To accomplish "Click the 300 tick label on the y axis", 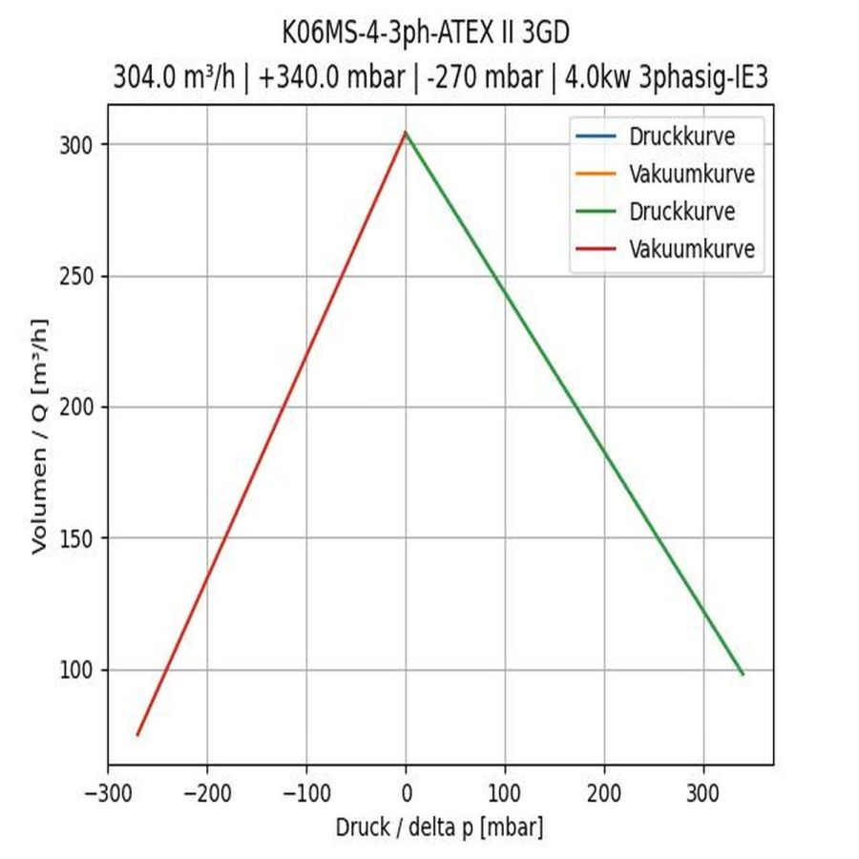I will tap(80, 145).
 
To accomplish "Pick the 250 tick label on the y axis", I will tap(80, 277).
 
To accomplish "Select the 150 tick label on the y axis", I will tap(80, 539).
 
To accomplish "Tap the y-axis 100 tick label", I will tap(80, 670).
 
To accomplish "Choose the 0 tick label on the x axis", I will tap(406, 793).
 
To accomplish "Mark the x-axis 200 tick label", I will tap(604, 793).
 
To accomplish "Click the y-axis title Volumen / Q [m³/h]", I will tap(39, 434).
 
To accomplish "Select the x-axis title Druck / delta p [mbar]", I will tap(439, 827).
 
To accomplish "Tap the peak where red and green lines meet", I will tap(406, 133).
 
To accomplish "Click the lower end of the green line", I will tap(743, 674).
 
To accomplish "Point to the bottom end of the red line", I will tap(137, 735).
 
